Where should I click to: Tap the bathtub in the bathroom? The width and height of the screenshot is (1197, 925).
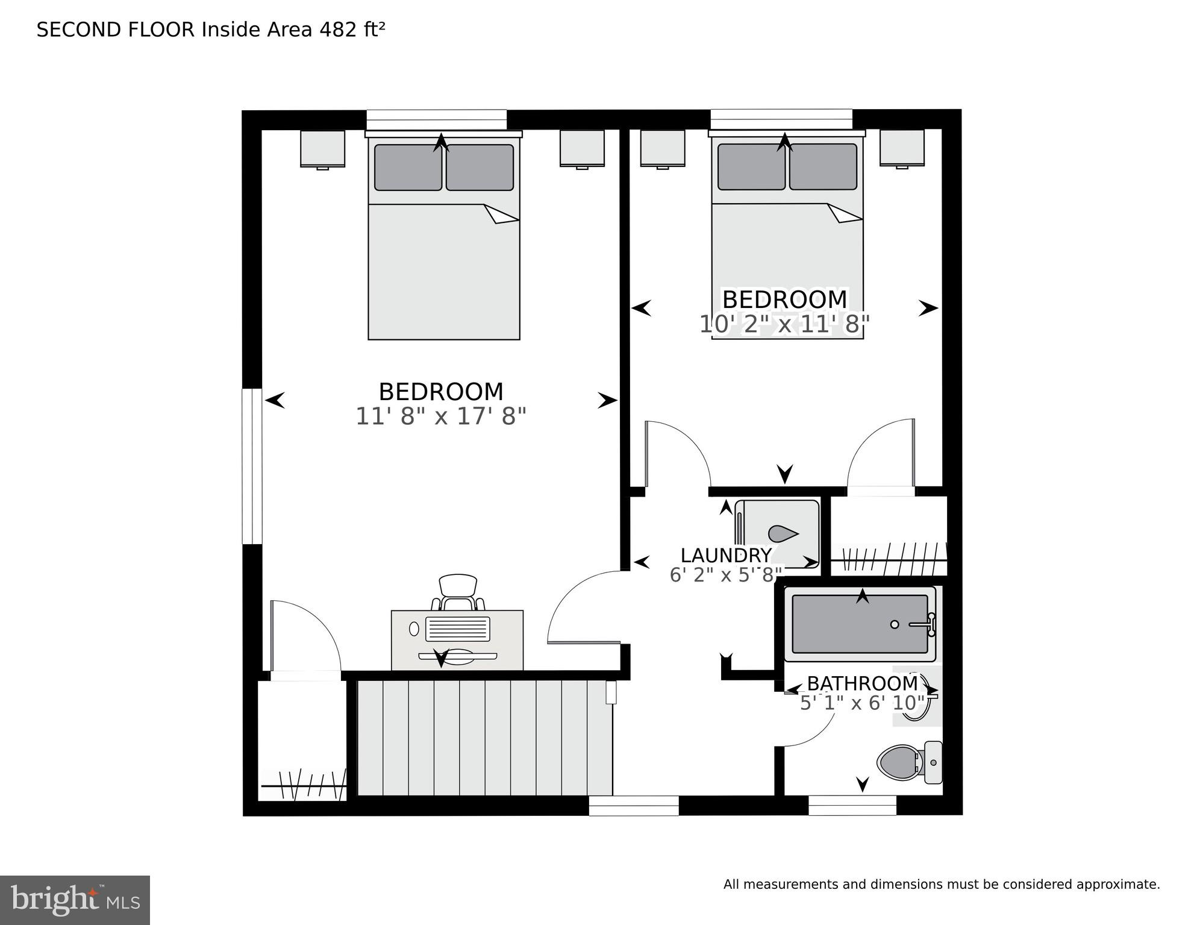[860, 624]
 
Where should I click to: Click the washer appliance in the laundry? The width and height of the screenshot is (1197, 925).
[778, 534]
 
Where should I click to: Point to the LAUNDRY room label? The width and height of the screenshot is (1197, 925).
[726, 555]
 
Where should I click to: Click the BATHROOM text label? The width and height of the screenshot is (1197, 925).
[862, 683]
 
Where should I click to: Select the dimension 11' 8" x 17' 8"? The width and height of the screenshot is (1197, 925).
[441, 416]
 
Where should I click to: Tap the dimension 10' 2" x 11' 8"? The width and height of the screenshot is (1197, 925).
[784, 324]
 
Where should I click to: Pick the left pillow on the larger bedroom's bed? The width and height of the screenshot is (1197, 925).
[408, 168]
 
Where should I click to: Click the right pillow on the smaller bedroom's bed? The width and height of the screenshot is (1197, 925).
[823, 167]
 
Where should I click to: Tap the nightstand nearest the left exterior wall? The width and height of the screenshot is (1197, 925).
[323, 148]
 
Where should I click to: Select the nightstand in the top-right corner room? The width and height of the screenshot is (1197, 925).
[902, 148]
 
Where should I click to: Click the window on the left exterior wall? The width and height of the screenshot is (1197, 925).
[252, 466]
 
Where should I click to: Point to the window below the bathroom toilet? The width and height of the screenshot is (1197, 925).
[852, 805]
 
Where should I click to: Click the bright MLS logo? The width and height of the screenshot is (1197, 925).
[75, 900]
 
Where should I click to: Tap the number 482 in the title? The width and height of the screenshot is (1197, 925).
[338, 30]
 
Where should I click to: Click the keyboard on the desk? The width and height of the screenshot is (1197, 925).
[458, 629]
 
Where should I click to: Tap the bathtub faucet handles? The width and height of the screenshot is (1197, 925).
[931, 625]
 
